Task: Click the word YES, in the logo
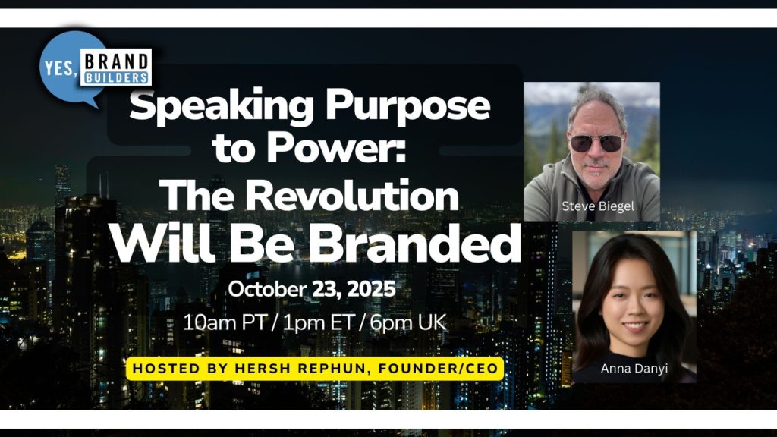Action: tap(61, 68)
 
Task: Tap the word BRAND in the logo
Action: tap(117, 62)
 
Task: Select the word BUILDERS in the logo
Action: tap(117, 78)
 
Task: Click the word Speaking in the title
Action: tap(221, 105)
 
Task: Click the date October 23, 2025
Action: tap(312, 289)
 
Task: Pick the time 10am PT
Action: tap(225, 323)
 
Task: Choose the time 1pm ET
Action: tap(318, 323)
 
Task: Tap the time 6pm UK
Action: tap(407, 323)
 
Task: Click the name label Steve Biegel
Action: tap(598, 206)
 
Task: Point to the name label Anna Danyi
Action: tap(634, 369)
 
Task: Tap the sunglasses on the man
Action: tap(596, 143)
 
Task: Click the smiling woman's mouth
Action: tap(635, 326)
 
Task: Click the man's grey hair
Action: tap(597, 102)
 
